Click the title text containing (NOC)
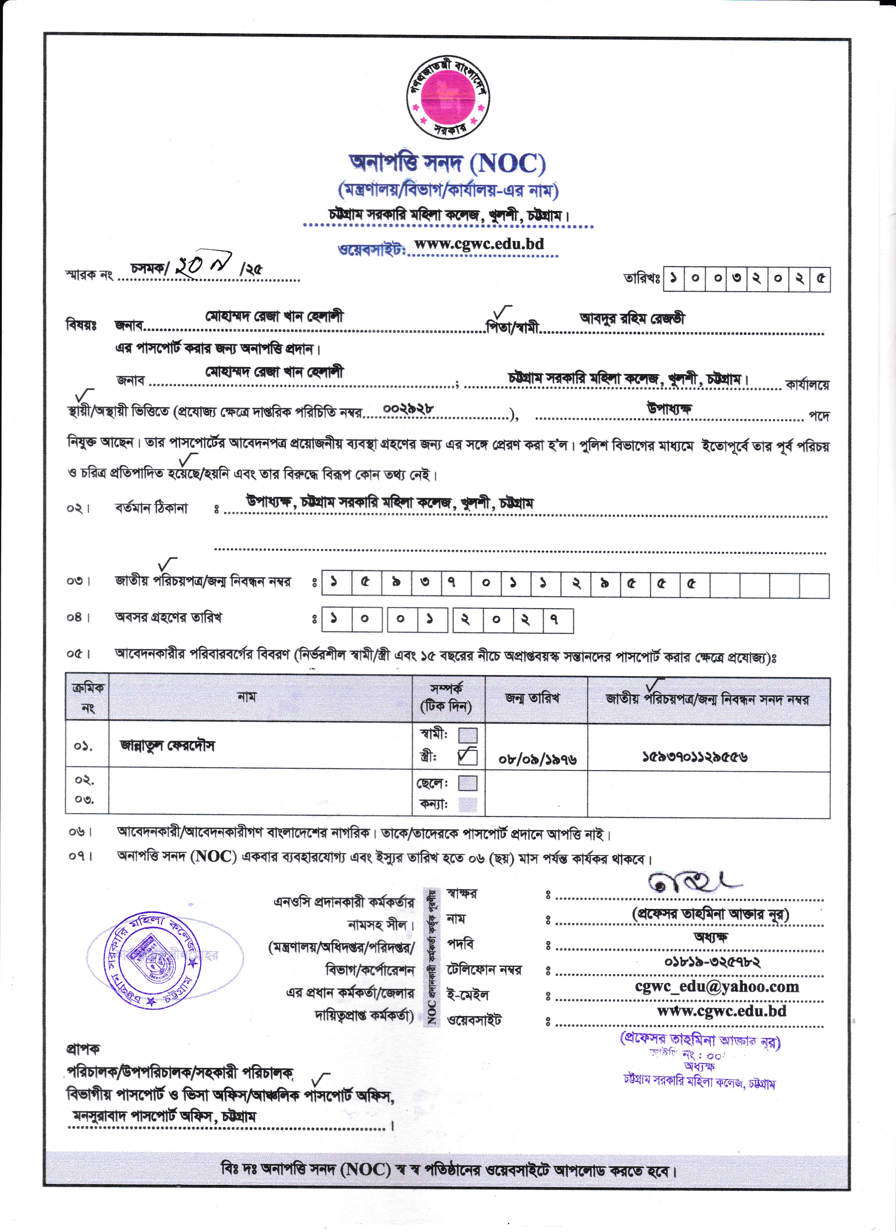pos(447,163)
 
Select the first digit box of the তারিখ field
pos(673,279)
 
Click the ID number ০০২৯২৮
pos(408,408)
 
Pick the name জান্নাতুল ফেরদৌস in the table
pos(167,746)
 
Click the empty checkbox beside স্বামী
pos(468,735)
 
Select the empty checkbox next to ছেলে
pos(468,783)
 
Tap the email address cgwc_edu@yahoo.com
pos(717,987)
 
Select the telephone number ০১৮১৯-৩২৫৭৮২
pos(712,962)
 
